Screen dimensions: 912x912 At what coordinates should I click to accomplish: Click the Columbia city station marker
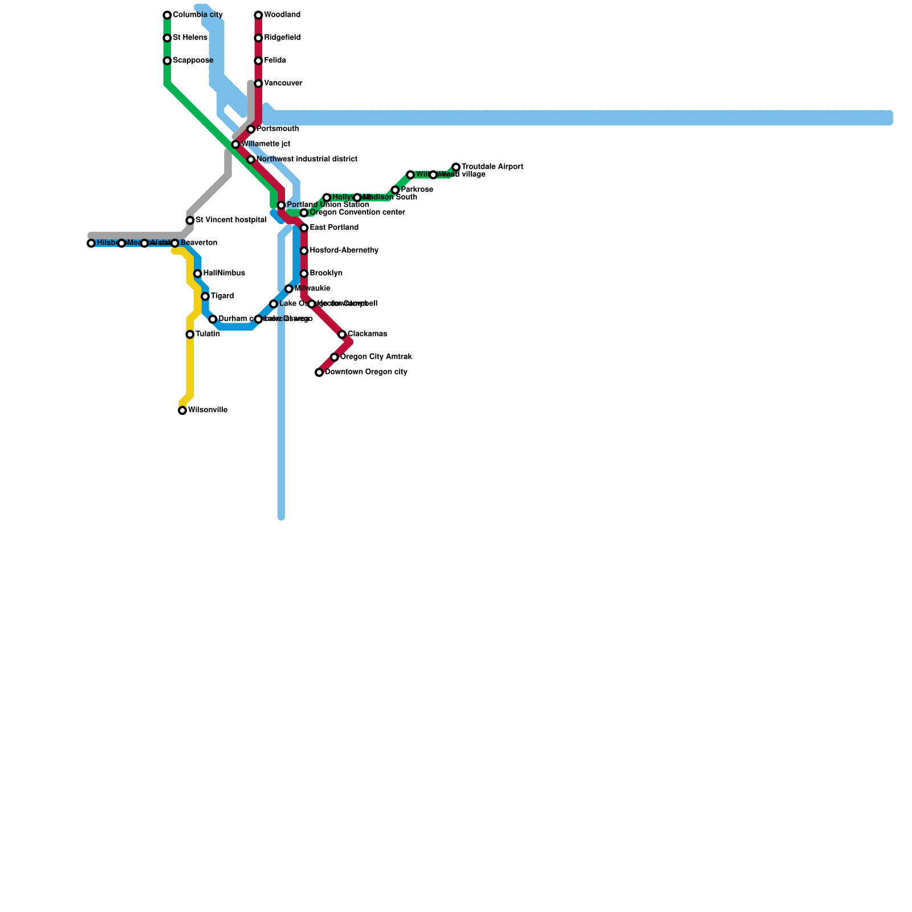click(167, 15)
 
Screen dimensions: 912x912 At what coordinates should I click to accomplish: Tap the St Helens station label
click(190, 38)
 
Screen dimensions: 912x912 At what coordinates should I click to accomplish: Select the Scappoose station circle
click(167, 61)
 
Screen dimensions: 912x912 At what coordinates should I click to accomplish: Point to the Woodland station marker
click(258, 15)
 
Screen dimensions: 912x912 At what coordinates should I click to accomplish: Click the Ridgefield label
click(282, 38)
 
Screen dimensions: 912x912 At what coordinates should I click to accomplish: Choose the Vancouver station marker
click(258, 84)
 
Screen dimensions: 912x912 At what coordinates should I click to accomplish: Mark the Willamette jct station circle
click(235, 145)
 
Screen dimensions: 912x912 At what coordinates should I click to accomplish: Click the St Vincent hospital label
click(231, 221)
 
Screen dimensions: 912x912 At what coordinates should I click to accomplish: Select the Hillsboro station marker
click(91, 243)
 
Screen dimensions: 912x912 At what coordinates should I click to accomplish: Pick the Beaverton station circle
click(175, 243)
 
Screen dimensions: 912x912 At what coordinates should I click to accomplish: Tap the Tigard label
click(222, 296)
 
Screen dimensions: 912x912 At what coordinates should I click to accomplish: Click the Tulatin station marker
click(190, 335)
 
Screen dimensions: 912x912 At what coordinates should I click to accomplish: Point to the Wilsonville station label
click(207, 410)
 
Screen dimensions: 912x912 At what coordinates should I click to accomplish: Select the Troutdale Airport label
click(492, 167)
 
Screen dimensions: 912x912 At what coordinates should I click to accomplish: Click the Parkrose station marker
click(395, 190)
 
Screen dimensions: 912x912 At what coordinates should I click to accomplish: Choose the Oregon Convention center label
click(357, 213)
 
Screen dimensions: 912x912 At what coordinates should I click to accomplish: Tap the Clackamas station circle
click(342, 335)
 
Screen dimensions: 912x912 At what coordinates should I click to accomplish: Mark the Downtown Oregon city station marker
click(319, 373)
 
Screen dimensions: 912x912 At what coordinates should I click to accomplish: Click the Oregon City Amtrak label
click(376, 357)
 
